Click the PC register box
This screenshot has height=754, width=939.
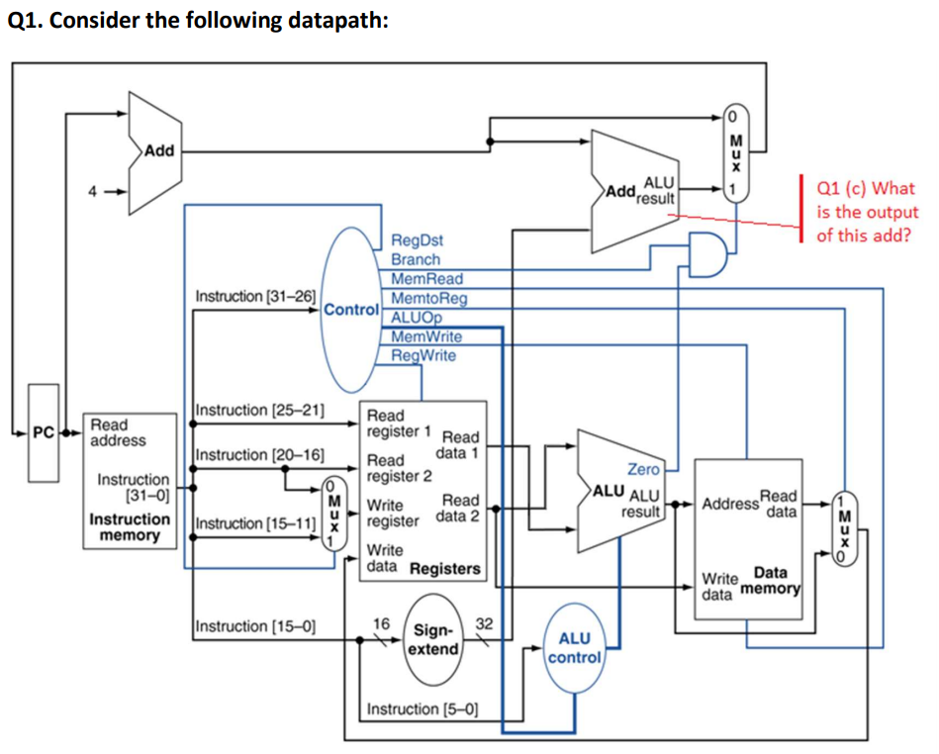click(44, 433)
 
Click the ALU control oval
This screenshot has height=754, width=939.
click(575, 649)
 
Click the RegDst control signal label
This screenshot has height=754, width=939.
click(418, 239)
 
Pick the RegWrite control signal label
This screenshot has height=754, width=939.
click(424, 355)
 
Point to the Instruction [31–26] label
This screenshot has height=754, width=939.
click(256, 296)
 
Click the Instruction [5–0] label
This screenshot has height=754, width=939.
click(423, 708)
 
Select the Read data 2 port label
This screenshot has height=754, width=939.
click(461, 508)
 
